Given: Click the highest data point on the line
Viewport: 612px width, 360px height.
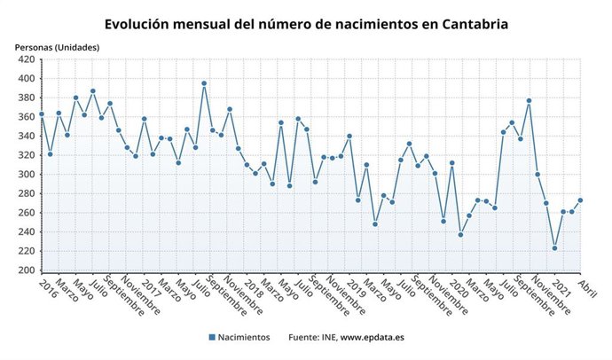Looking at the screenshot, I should (x=204, y=83).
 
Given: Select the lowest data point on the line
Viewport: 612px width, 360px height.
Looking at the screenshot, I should (x=555, y=248).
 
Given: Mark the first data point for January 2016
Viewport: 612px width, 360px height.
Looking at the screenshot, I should (x=41, y=114).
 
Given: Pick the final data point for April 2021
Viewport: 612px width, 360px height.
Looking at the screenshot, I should (x=581, y=200).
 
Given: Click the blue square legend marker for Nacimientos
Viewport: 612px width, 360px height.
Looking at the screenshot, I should (x=212, y=338).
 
